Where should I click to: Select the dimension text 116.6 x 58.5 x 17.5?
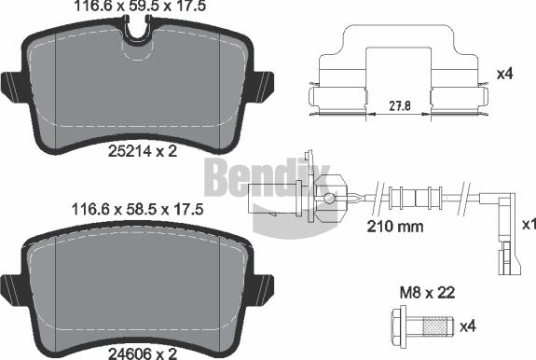pyautogui.click(x=136, y=212)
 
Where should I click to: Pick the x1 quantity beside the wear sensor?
pyautogui.click(x=526, y=225)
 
